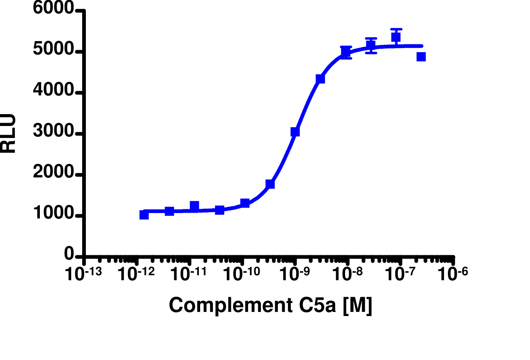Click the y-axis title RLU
click(8, 133)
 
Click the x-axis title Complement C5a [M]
click(270, 306)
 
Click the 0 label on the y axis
click(69, 255)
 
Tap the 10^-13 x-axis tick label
click(83, 274)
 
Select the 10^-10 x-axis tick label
click(242, 274)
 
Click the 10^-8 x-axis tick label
click(347, 274)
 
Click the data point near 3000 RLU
click(295, 132)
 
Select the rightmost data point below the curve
click(421, 57)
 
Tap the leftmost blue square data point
click(144, 215)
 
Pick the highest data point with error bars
click(396, 37)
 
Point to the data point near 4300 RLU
click(320, 79)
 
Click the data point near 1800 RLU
click(270, 184)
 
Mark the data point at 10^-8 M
click(346, 52)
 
